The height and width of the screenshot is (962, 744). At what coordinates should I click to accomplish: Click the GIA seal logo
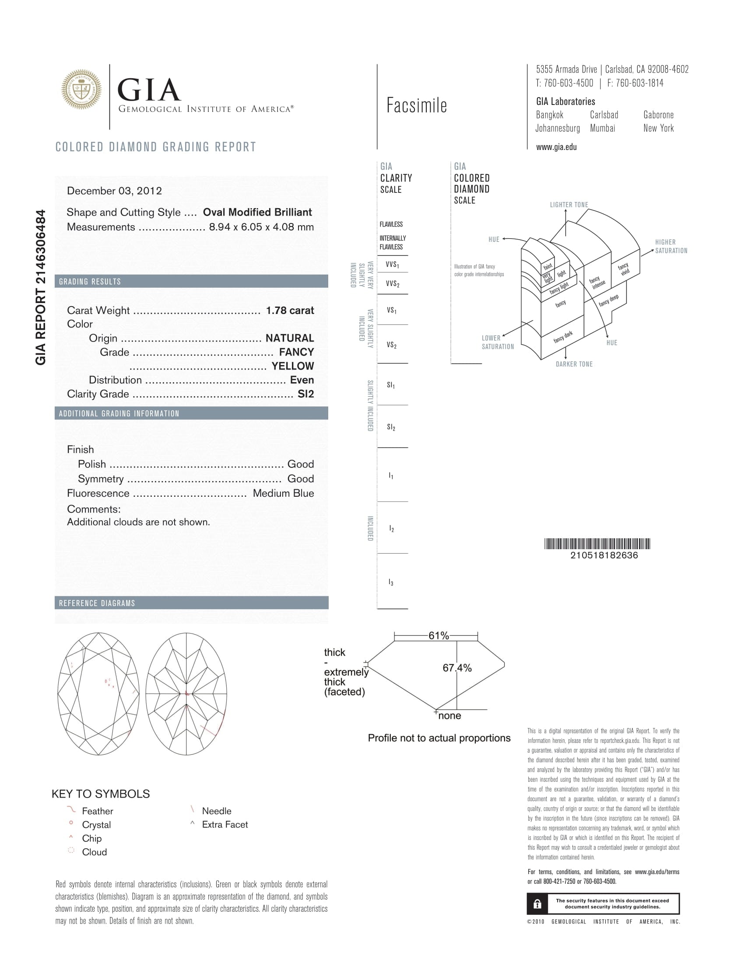pyautogui.click(x=81, y=89)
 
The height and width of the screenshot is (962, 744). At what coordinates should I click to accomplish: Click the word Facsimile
pyautogui.click(x=417, y=106)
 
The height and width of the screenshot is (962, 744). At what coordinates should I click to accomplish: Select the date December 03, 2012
pyautogui.click(x=114, y=191)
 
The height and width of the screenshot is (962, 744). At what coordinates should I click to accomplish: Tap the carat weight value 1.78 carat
pyautogui.click(x=290, y=310)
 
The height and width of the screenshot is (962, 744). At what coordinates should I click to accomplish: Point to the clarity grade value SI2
pyautogui.click(x=305, y=394)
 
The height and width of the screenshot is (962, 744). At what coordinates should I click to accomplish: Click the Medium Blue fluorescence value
pyautogui.click(x=283, y=493)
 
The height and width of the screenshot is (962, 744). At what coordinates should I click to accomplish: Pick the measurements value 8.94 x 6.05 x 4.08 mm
pyautogui.click(x=261, y=227)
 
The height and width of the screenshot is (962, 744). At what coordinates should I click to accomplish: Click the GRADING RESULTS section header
pyautogui.click(x=90, y=282)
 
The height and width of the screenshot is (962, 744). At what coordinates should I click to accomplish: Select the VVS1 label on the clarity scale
pyautogui.click(x=392, y=265)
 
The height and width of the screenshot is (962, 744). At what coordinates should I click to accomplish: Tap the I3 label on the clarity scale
pyautogui.click(x=391, y=582)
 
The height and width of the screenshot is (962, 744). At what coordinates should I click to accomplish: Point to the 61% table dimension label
pyautogui.click(x=439, y=636)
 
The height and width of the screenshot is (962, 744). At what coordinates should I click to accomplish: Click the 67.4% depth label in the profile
pyautogui.click(x=457, y=668)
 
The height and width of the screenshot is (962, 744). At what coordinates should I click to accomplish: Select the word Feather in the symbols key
pyautogui.click(x=98, y=811)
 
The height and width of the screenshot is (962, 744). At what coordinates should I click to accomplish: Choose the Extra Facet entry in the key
pyautogui.click(x=225, y=825)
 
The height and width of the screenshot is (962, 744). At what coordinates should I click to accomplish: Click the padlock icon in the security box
pyautogui.click(x=537, y=904)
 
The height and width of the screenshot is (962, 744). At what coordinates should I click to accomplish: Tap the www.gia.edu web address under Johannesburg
pyautogui.click(x=556, y=147)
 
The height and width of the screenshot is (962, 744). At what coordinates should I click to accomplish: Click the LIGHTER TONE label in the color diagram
pyautogui.click(x=569, y=205)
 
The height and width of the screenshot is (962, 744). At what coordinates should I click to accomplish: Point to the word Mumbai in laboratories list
pyautogui.click(x=603, y=128)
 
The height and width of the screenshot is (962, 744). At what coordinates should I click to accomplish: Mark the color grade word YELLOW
pyautogui.click(x=293, y=366)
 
